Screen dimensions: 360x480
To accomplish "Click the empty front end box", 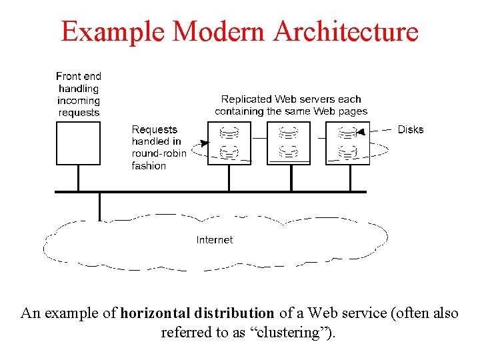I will [x=78, y=143].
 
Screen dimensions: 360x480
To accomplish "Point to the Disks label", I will [x=410, y=129].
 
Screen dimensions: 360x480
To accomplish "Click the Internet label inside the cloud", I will [x=215, y=239].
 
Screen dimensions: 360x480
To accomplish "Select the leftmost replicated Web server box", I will [x=229, y=143].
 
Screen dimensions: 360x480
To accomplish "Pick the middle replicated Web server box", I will [x=288, y=143].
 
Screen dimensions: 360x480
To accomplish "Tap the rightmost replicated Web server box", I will [x=347, y=143].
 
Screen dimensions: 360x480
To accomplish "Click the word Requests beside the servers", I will [x=155, y=129].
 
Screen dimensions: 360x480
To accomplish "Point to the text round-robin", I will [x=159, y=153].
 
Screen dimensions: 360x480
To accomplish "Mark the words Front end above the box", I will [x=79, y=77].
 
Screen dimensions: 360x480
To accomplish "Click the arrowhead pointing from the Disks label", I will [x=360, y=132].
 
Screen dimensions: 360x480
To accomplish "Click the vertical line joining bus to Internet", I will [x=99, y=206].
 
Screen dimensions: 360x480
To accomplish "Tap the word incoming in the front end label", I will [x=79, y=101].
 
